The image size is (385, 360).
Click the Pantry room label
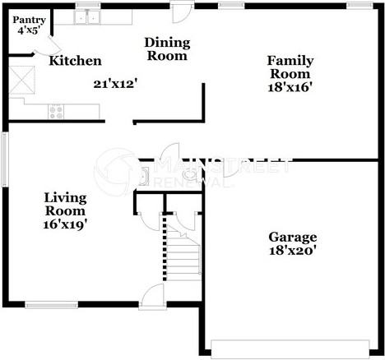click(29, 20)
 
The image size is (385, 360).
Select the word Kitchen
click(75, 61)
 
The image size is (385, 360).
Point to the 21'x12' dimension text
click(115, 84)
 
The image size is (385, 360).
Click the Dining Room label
click(167, 49)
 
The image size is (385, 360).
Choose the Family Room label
click(290, 67)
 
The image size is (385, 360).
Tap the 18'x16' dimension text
click(290, 87)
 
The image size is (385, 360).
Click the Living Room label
click(65, 204)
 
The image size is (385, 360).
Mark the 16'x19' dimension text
click(65, 224)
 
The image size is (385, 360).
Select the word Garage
click(293, 238)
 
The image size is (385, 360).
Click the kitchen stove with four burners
click(56, 112)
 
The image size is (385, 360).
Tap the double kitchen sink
click(87, 17)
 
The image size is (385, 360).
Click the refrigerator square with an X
click(22, 80)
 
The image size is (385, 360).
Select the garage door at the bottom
click(290, 349)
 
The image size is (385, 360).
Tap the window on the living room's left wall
click(5, 159)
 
